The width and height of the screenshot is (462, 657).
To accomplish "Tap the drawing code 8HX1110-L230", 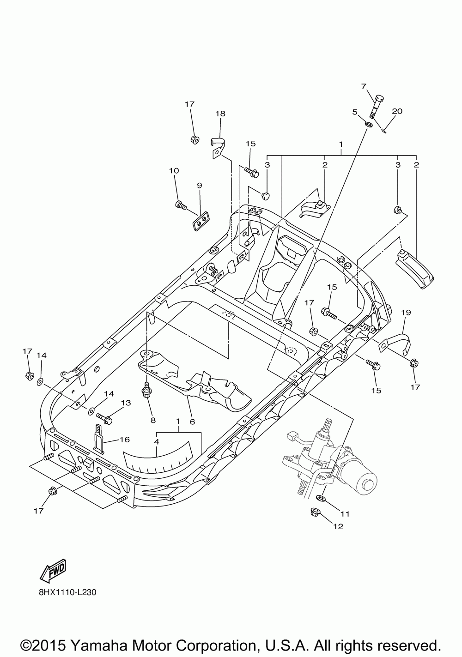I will tap(67, 591).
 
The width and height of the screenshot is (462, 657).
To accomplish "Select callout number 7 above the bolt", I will tap(364, 86).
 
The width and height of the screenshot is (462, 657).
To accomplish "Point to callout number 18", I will tap(220, 114).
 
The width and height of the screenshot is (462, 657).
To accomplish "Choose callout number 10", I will tap(174, 171).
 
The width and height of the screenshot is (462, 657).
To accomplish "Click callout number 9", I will tap(200, 186).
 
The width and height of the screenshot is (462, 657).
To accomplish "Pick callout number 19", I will tap(406, 313).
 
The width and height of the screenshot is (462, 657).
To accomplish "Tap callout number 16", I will tap(124, 440).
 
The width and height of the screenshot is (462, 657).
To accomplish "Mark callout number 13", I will tap(126, 403).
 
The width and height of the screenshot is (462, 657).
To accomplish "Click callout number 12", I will tap(338, 527).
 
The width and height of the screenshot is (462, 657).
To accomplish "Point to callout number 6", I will tap(192, 422).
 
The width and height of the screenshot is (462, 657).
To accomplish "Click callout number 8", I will tap(152, 420).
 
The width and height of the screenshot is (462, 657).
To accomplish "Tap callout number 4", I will tap(157, 442).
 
